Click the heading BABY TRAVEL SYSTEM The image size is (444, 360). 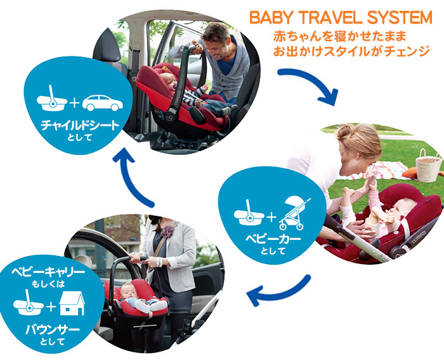pos(341,18)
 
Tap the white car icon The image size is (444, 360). pos(103,103)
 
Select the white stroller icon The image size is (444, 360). pos(295,213)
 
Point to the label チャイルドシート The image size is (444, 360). pos(80,125)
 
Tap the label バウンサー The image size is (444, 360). pos(53,330)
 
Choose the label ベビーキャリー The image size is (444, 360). pos(48,272)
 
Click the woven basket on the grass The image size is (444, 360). pos(428,166)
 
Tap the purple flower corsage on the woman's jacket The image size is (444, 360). pos(167,231)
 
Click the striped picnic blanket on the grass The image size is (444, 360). pos(379,170)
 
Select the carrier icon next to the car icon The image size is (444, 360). pos(52,98)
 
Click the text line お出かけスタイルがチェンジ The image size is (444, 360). pos(351,51)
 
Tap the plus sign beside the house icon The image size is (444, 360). pos(51,307)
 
